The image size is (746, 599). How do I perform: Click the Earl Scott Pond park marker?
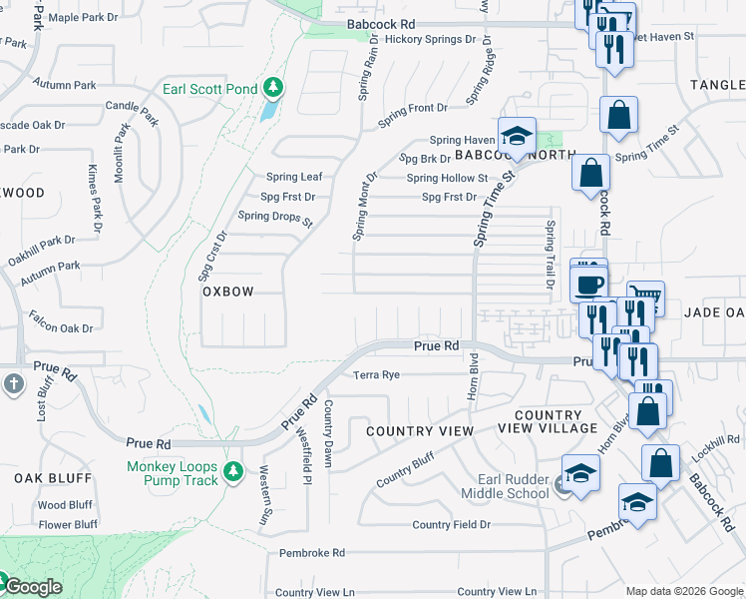pos(272,90)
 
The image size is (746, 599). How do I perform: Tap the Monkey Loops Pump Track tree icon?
pos(233,470)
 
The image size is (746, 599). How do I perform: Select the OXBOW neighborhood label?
pos(227,292)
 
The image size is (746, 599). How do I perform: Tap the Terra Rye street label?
pos(377,375)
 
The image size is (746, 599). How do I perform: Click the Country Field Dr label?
pos(451,525)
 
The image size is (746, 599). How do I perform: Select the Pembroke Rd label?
pos(311,552)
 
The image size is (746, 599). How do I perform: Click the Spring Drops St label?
pos(275,216)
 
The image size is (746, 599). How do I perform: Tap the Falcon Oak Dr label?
pos(62,327)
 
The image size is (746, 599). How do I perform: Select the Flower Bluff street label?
pos(68,524)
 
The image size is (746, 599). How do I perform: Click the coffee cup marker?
pos(588,283)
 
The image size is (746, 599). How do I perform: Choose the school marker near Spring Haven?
pos(517,135)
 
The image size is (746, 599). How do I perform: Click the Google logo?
pos(32,587)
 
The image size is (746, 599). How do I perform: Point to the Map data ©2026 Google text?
pos(683,591)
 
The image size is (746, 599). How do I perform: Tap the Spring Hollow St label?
pos(447,179)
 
